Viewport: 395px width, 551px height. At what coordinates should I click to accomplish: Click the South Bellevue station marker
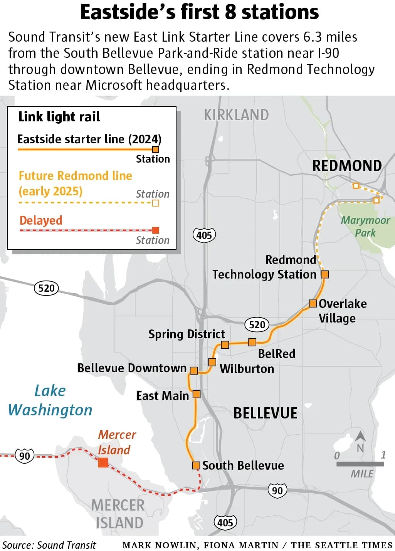[196, 465]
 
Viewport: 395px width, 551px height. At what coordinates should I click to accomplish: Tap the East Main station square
[197, 394]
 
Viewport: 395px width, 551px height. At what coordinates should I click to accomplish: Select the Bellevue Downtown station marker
[194, 371]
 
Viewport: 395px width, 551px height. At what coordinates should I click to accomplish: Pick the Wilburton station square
[212, 362]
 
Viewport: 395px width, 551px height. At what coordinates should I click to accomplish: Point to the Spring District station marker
[225, 344]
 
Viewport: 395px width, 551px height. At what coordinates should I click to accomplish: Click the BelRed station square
[252, 342]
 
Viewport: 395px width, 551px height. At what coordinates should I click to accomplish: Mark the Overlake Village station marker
[313, 303]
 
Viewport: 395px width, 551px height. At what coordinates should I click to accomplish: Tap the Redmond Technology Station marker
[325, 274]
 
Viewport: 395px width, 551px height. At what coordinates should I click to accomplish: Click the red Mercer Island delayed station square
[103, 462]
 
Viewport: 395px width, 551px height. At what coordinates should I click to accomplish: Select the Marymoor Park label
[365, 227]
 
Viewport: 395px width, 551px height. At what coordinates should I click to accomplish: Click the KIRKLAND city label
[236, 115]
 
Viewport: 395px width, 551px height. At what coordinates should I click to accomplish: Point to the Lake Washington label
[50, 401]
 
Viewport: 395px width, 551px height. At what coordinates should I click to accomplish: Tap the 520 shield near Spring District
[257, 324]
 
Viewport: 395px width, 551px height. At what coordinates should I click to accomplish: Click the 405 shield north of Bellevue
[204, 235]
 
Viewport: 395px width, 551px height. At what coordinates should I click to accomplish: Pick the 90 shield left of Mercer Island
[25, 456]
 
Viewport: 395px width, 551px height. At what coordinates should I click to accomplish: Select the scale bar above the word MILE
[360, 464]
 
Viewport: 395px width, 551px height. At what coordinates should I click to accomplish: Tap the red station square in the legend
[156, 230]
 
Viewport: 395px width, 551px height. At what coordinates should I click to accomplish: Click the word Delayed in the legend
[41, 220]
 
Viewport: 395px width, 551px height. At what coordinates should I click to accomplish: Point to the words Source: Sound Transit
[49, 545]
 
